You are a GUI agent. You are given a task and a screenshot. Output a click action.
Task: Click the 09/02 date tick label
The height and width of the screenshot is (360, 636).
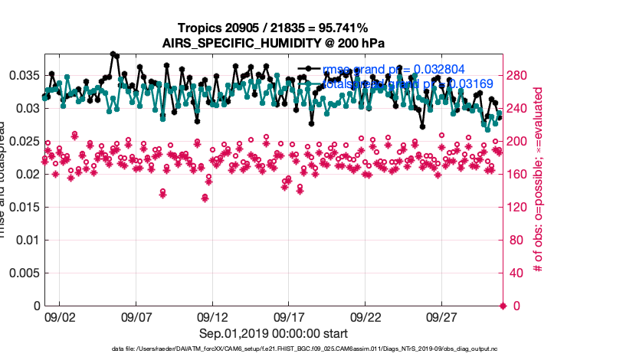point(60,316)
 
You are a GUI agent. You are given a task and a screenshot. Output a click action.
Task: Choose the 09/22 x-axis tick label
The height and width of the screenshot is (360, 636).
point(366,316)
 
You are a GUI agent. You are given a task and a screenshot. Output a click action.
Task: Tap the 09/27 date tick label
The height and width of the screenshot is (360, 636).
point(442,316)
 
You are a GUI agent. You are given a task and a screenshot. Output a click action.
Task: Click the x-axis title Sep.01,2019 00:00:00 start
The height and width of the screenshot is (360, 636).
point(274,334)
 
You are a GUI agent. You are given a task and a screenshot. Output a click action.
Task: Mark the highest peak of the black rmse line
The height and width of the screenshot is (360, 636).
point(113,54)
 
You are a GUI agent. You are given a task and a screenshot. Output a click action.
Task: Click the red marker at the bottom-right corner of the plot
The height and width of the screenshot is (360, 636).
point(503,306)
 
